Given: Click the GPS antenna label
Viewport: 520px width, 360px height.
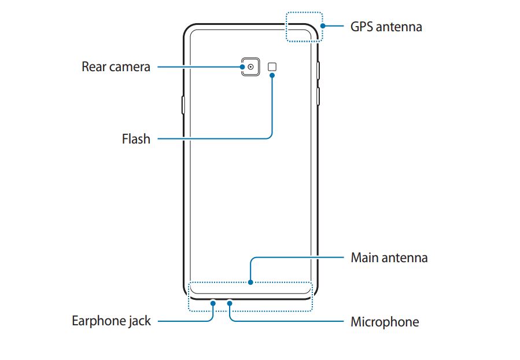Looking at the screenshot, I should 386,27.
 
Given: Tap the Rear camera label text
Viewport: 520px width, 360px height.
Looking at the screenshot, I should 116,67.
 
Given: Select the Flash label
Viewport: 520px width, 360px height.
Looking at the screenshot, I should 136,139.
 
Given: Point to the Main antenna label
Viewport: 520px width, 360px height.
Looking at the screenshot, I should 389,258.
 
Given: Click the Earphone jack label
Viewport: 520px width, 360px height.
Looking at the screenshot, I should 111,321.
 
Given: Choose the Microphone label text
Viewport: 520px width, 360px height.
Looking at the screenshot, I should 385,322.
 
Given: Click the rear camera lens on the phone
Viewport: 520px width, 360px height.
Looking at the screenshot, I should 250,67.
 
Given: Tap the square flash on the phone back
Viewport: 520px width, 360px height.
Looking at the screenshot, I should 272,67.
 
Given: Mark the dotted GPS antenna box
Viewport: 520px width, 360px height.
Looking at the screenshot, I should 304,27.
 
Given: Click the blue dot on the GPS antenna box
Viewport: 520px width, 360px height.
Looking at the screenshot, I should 322,26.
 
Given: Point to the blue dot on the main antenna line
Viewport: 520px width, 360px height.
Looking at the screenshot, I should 250,283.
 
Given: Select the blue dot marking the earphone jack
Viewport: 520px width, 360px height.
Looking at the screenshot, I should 213,302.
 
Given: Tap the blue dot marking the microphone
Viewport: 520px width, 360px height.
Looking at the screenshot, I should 230,302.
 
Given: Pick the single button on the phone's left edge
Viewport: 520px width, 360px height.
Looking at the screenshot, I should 183,105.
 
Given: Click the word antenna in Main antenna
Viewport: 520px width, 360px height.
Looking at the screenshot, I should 405,258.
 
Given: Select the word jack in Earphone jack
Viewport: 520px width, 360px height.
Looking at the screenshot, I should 139,321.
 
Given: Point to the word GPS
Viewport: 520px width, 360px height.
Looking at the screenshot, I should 362,27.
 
